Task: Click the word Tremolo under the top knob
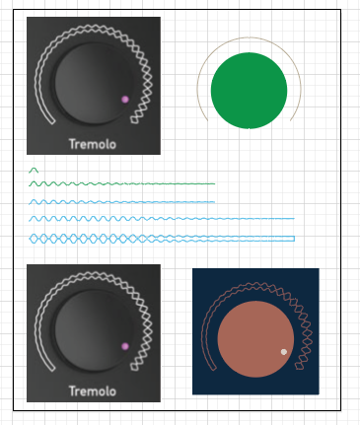[92, 144]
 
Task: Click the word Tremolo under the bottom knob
[92, 390]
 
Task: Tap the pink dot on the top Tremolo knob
[125, 99]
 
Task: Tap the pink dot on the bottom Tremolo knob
[125, 346]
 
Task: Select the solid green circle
[249, 91]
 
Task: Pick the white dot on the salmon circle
[284, 352]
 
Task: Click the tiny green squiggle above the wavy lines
[34, 171]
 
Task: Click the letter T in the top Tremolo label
[72, 144]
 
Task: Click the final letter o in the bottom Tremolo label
[112, 391]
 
